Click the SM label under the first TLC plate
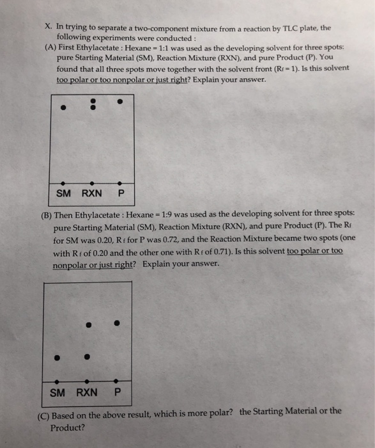tap(63, 194)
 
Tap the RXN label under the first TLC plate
tap(92, 194)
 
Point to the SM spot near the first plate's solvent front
tap(63, 107)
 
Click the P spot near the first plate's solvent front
tap(120, 101)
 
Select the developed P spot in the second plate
tap(116, 323)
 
